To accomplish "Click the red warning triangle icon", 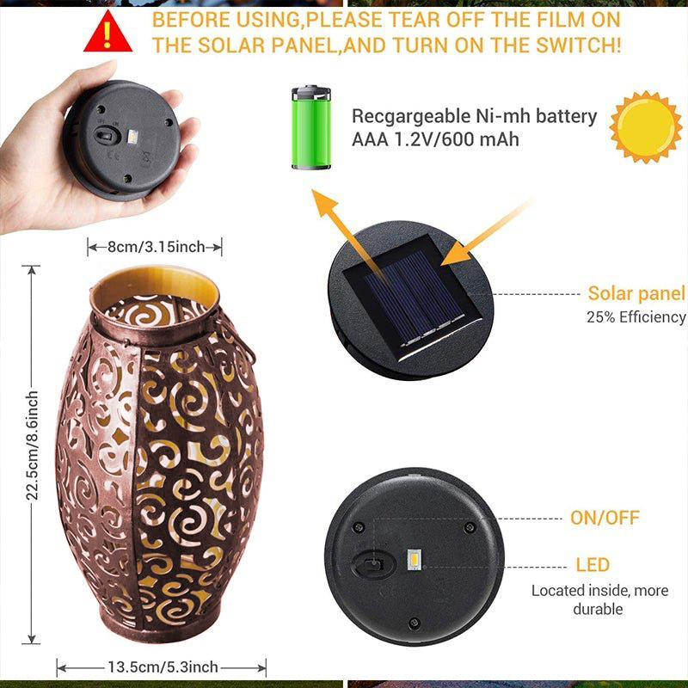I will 107,32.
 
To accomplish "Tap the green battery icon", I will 310,127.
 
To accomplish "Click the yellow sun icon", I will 645,126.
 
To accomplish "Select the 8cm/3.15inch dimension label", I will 156,248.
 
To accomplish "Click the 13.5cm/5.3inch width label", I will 163,666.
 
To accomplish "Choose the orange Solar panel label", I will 636,294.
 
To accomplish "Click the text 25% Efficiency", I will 636,317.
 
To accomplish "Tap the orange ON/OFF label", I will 605,519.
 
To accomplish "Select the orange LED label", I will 593,565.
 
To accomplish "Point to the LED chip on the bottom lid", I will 412,561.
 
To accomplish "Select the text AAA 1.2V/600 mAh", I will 435,138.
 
